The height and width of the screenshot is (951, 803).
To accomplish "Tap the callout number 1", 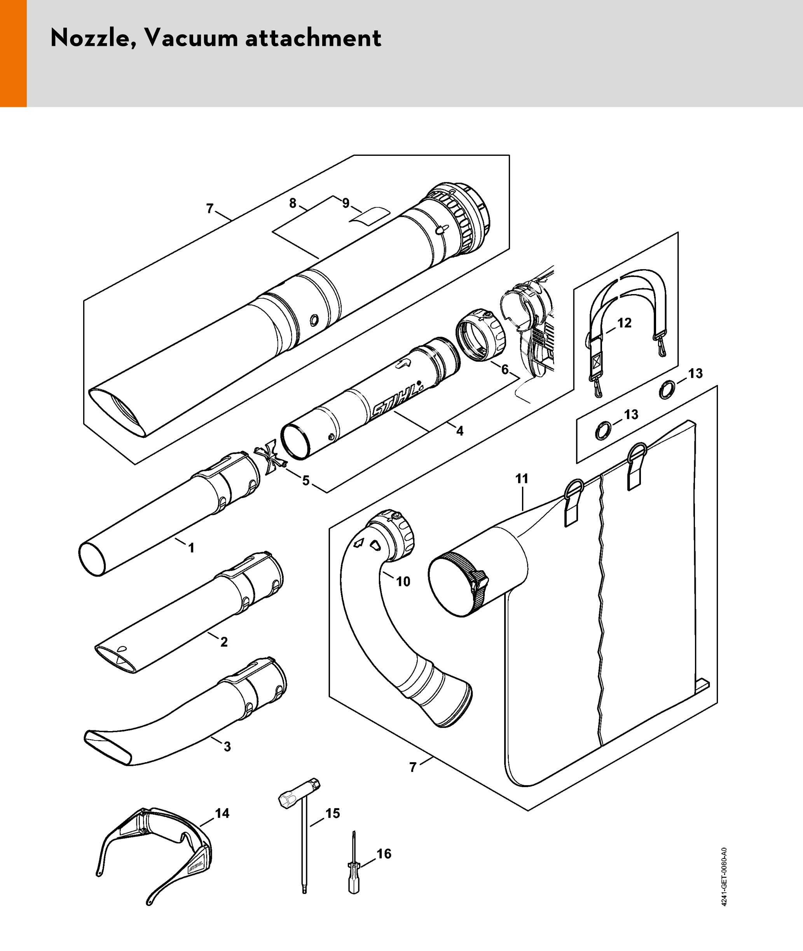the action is [191, 548].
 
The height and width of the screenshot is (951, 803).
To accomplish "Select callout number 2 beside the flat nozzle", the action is [224, 642].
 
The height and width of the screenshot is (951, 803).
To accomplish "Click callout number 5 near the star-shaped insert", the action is [306, 481].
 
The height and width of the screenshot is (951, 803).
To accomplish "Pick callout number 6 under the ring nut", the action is [505, 369].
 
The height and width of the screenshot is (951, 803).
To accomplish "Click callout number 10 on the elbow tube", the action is [403, 581].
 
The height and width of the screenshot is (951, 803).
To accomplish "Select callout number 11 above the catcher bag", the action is [522, 479].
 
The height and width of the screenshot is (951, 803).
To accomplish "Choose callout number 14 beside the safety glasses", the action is [222, 813].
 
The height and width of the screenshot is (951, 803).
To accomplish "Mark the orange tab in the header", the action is [13, 53].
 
